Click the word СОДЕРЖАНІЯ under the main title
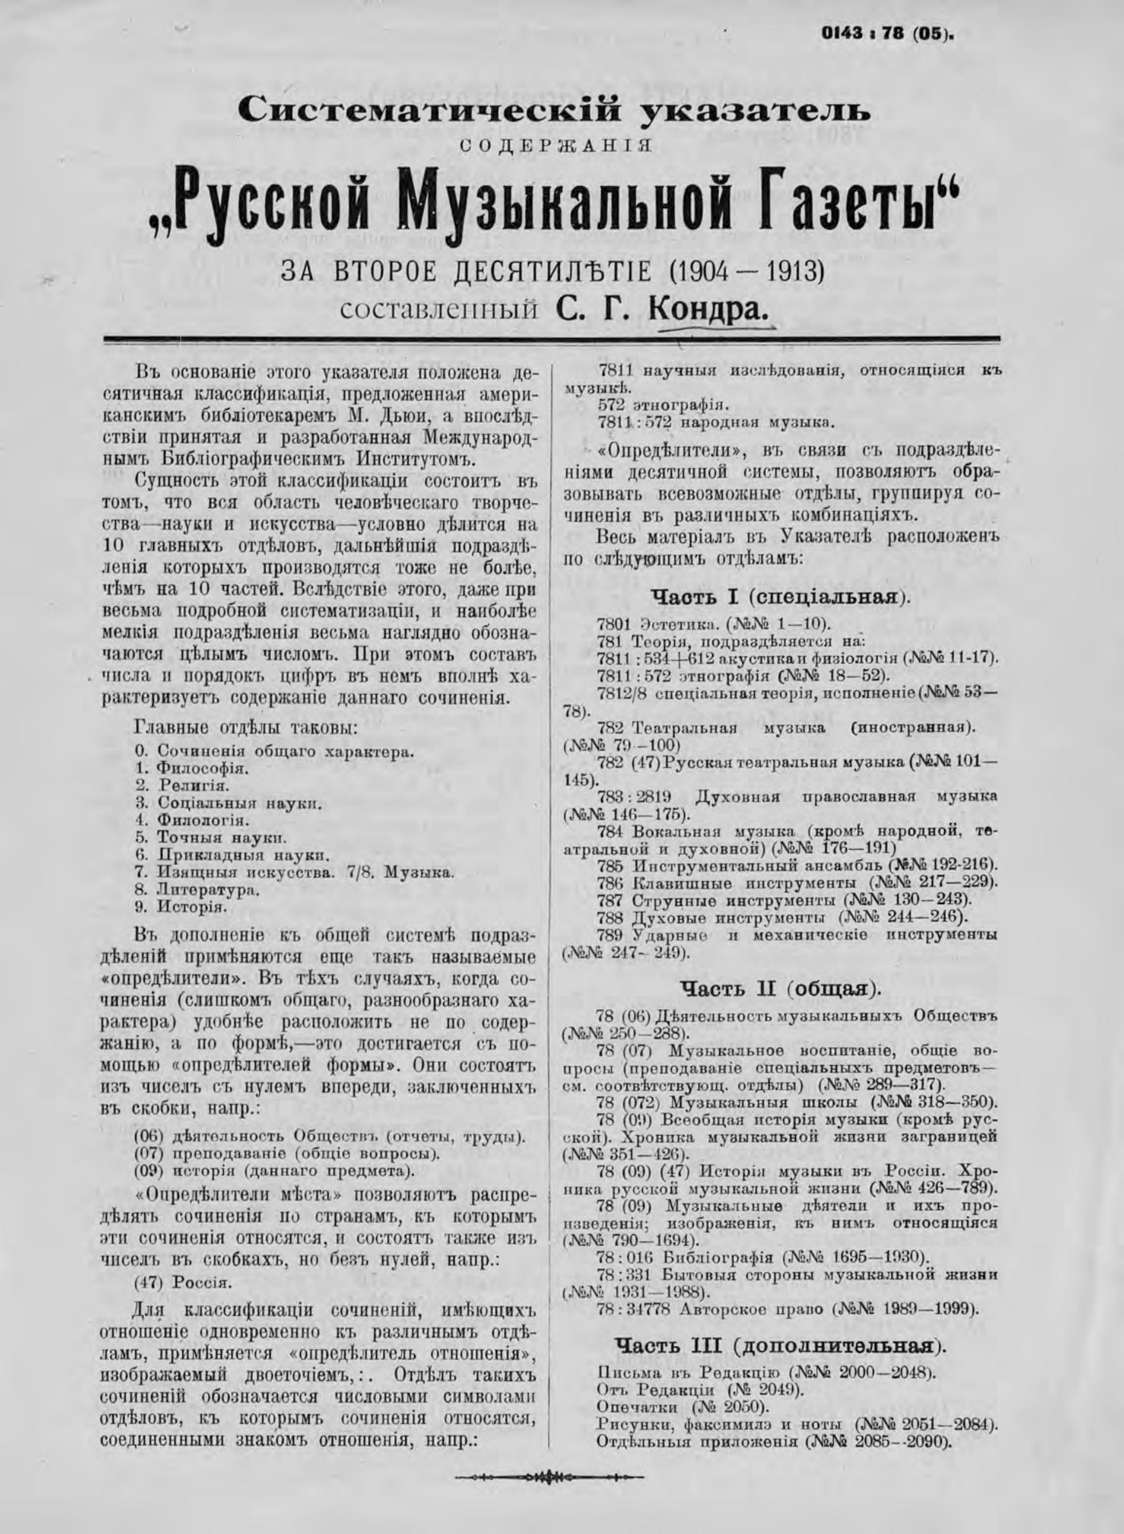tap(554, 146)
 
